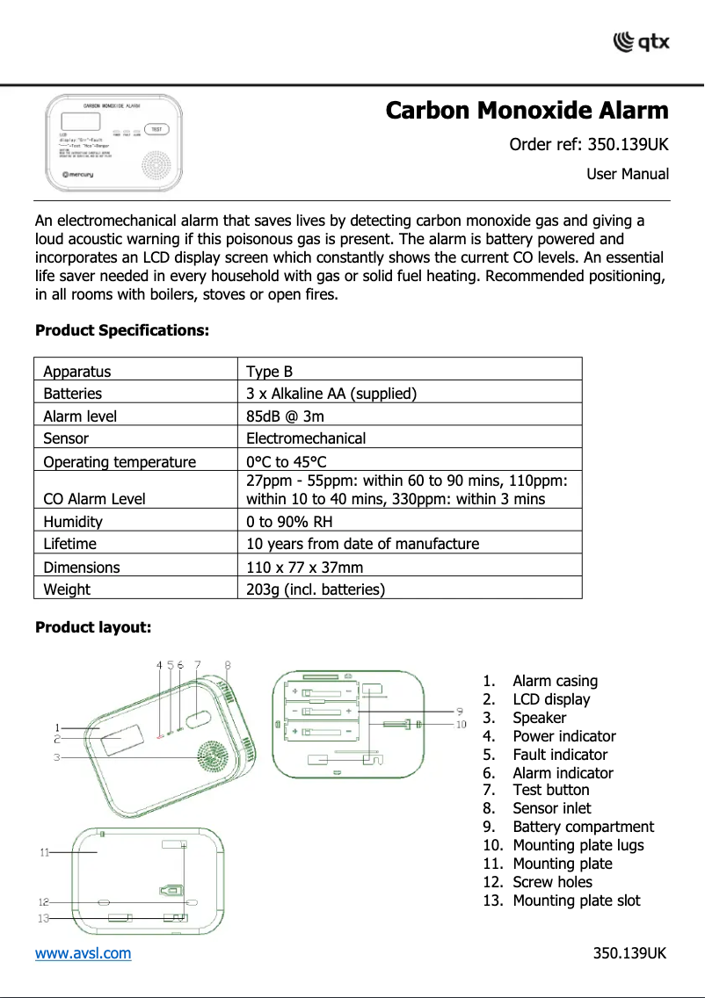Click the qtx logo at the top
click(641, 41)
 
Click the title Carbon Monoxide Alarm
click(527, 112)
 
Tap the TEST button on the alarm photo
click(156, 129)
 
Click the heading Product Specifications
click(122, 331)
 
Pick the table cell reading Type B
click(263, 372)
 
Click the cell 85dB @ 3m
click(285, 416)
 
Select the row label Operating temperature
click(120, 462)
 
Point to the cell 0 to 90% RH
click(289, 522)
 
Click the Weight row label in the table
click(67, 589)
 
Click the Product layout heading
click(93, 627)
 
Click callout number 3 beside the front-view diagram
click(56, 756)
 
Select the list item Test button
click(550, 790)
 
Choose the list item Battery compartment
click(583, 827)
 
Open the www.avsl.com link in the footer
click(83, 953)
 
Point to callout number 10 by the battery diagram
click(461, 725)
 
